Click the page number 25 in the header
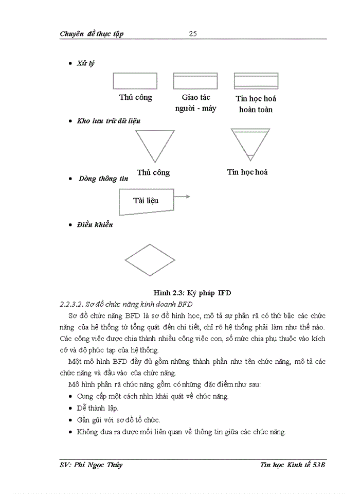[x=193, y=34]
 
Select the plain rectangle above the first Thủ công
[x=135, y=81]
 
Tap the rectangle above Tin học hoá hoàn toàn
[x=255, y=81]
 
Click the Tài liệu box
[x=146, y=201]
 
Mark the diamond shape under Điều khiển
[x=150, y=260]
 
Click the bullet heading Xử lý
[x=85, y=63]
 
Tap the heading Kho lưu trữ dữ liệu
[x=109, y=121]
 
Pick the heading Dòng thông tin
[x=103, y=179]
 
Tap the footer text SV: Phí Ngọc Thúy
[x=91, y=465]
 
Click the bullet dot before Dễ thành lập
[x=70, y=408]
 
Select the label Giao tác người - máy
[x=195, y=103]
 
